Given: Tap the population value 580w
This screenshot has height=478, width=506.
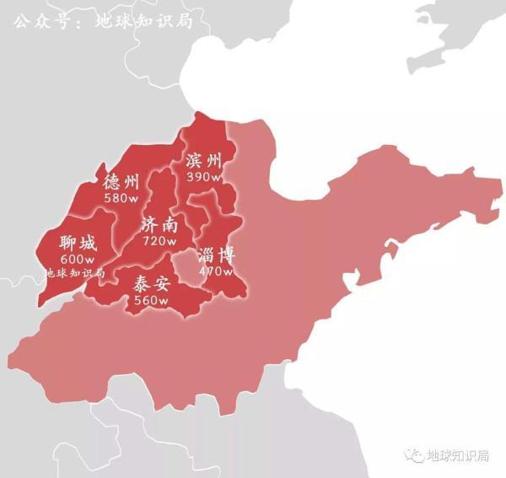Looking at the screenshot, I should point(121,198).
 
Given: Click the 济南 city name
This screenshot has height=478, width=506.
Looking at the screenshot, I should point(160,225).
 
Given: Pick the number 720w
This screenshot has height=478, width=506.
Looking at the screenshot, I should point(160,241).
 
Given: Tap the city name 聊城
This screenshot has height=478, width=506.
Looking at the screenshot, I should point(78,244).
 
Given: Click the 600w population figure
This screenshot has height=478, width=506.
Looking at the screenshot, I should point(78,260).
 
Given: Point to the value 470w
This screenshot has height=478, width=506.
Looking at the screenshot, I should point(216,271).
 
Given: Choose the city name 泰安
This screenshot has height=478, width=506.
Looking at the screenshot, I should point(152,285).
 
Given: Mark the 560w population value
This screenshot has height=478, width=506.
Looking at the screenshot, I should point(152,301).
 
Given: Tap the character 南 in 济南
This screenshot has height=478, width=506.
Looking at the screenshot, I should point(170,225).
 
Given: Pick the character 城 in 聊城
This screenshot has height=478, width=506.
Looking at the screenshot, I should point(88,244).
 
